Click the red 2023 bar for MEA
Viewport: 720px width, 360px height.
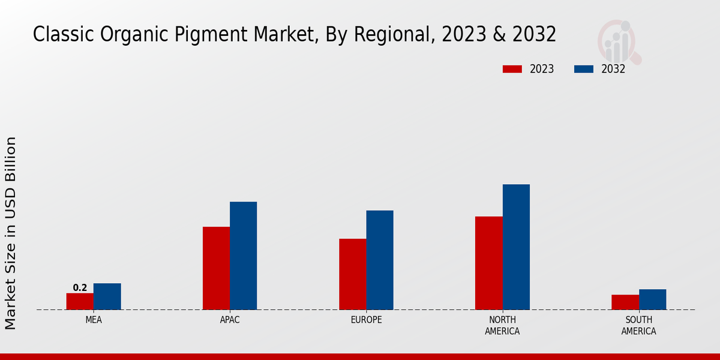click(x=80, y=301)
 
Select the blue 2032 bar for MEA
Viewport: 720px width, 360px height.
click(x=107, y=296)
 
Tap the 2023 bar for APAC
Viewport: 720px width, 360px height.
click(x=216, y=268)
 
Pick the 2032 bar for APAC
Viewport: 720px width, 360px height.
click(x=243, y=256)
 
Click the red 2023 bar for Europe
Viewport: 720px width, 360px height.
click(x=352, y=274)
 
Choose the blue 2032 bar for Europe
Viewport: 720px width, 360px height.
click(x=380, y=260)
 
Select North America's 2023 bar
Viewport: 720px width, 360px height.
click(x=488, y=263)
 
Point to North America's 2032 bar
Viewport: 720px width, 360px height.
click(x=516, y=247)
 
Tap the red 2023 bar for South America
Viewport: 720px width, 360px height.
click(x=625, y=302)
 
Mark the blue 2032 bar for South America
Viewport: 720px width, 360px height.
click(x=652, y=299)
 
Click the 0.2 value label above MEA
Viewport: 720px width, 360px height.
click(x=80, y=288)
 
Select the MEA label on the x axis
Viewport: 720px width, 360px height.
click(x=94, y=320)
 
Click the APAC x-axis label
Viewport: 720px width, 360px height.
click(x=230, y=320)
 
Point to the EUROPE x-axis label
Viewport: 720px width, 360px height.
click(x=366, y=320)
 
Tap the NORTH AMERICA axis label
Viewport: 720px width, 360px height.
click(x=502, y=325)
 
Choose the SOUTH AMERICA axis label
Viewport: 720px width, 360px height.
click(x=638, y=325)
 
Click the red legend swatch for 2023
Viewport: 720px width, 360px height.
click(x=512, y=69)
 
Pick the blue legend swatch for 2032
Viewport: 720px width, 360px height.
click(x=583, y=69)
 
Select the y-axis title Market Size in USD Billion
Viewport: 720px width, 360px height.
click(x=11, y=233)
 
